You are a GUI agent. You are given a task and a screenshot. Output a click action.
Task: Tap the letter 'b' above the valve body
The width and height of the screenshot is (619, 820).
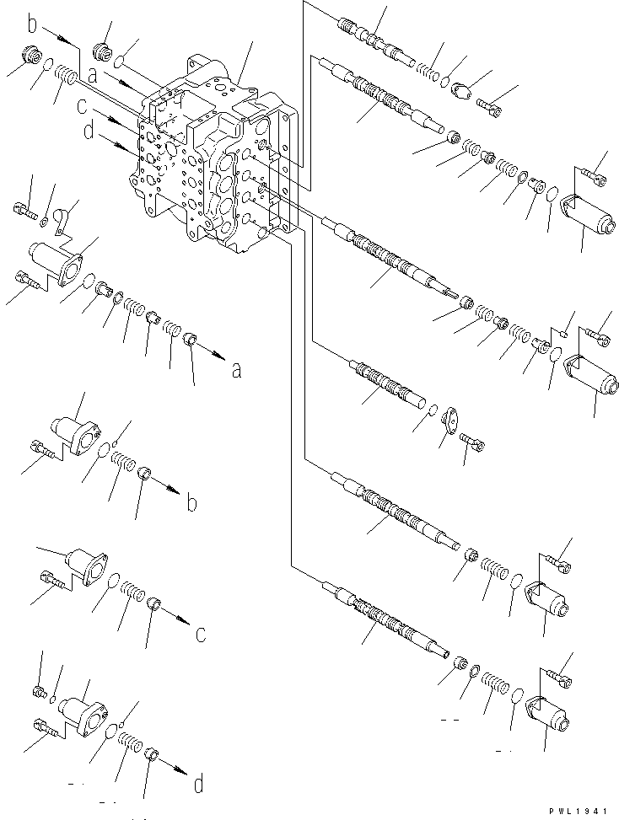(33, 24)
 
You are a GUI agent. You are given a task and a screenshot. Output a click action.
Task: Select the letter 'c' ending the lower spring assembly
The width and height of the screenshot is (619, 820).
(200, 633)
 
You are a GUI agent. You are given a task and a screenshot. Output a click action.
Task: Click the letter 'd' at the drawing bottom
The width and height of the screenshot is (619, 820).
(198, 785)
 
